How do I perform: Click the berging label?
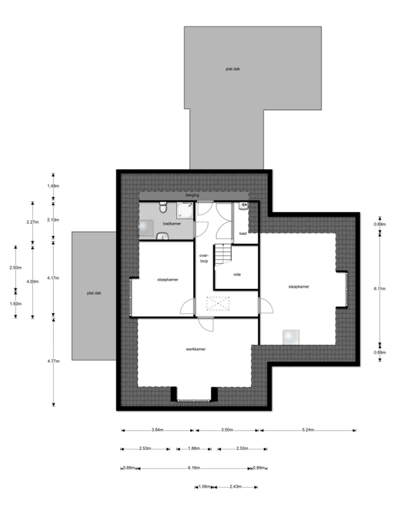[192, 195]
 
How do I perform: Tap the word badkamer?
[172, 224]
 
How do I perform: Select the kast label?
[243, 234]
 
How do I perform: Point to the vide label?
[237, 274]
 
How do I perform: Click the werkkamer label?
[196, 349]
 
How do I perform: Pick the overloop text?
[204, 259]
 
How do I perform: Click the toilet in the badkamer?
[163, 207]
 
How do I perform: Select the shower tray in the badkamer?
[185, 210]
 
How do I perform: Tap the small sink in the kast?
[244, 206]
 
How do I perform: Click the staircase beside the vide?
[223, 255]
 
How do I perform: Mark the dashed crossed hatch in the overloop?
[218, 303]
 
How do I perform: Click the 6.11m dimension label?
[380, 289]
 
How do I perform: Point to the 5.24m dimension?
[308, 430]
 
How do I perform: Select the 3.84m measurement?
[157, 430]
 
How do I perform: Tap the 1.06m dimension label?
[204, 487]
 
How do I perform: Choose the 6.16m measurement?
[194, 468]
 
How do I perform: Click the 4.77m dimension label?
[53, 361]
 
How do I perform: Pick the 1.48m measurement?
[53, 186]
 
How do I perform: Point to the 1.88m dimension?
[194, 449]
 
